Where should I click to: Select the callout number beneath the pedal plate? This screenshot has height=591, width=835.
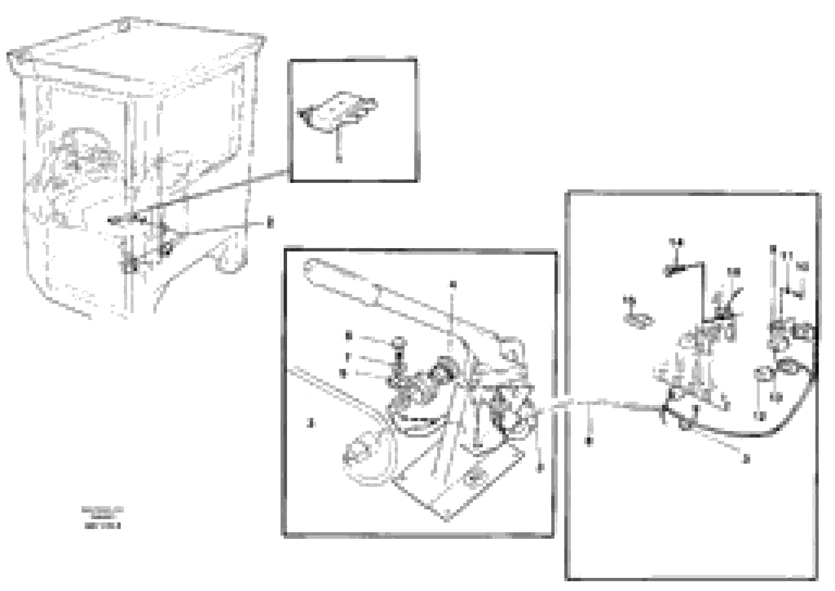pyautogui.click(x=339, y=159)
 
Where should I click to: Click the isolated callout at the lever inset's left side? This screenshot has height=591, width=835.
pyautogui.click(x=310, y=423)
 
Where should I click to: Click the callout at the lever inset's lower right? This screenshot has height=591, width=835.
pyautogui.click(x=541, y=467)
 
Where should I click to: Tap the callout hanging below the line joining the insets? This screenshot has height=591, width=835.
pyautogui.click(x=589, y=441)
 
